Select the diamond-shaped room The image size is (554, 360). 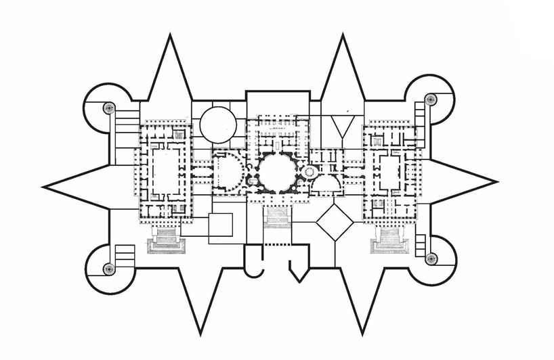(335, 221)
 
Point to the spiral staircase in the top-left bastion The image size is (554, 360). (108, 108)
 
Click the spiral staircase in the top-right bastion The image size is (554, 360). (430, 99)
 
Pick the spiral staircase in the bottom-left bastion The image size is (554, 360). (108, 269)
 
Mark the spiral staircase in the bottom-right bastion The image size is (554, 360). (431, 258)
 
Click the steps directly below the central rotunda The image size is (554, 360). (276, 217)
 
